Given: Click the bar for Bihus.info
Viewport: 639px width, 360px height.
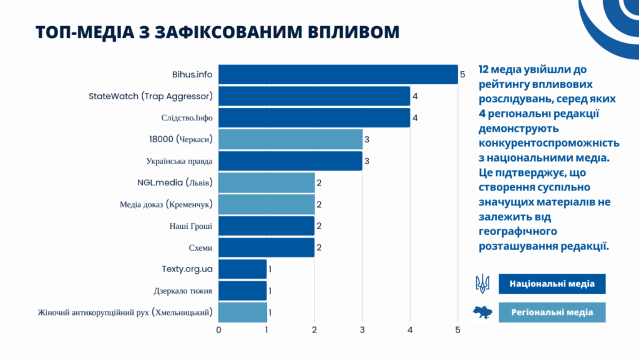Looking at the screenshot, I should [338, 74].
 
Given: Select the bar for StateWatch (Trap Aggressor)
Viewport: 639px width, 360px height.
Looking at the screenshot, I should [315, 96].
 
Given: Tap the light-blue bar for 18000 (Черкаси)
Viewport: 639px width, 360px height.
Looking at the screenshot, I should [290, 139].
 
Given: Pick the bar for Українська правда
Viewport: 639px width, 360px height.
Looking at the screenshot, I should [290, 161].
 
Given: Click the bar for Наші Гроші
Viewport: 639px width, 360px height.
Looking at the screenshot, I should [266, 226].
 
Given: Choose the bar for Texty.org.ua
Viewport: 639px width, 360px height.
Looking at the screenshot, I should [243, 269].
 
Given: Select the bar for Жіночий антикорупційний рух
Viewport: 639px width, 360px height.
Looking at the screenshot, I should [243, 312].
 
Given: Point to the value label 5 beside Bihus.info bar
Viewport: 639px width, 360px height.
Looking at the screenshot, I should [462, 74].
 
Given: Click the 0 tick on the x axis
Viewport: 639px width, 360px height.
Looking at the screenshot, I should [218, 330].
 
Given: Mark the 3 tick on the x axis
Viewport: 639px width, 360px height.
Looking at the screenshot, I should [362, 330].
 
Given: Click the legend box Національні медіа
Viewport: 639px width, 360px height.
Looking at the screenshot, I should [552, 284].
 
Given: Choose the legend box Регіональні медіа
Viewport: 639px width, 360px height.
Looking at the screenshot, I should [552, 313].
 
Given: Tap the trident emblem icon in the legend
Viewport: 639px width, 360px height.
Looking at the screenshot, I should [482, 284].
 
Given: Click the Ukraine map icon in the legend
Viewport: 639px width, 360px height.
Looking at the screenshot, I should [482, 312].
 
